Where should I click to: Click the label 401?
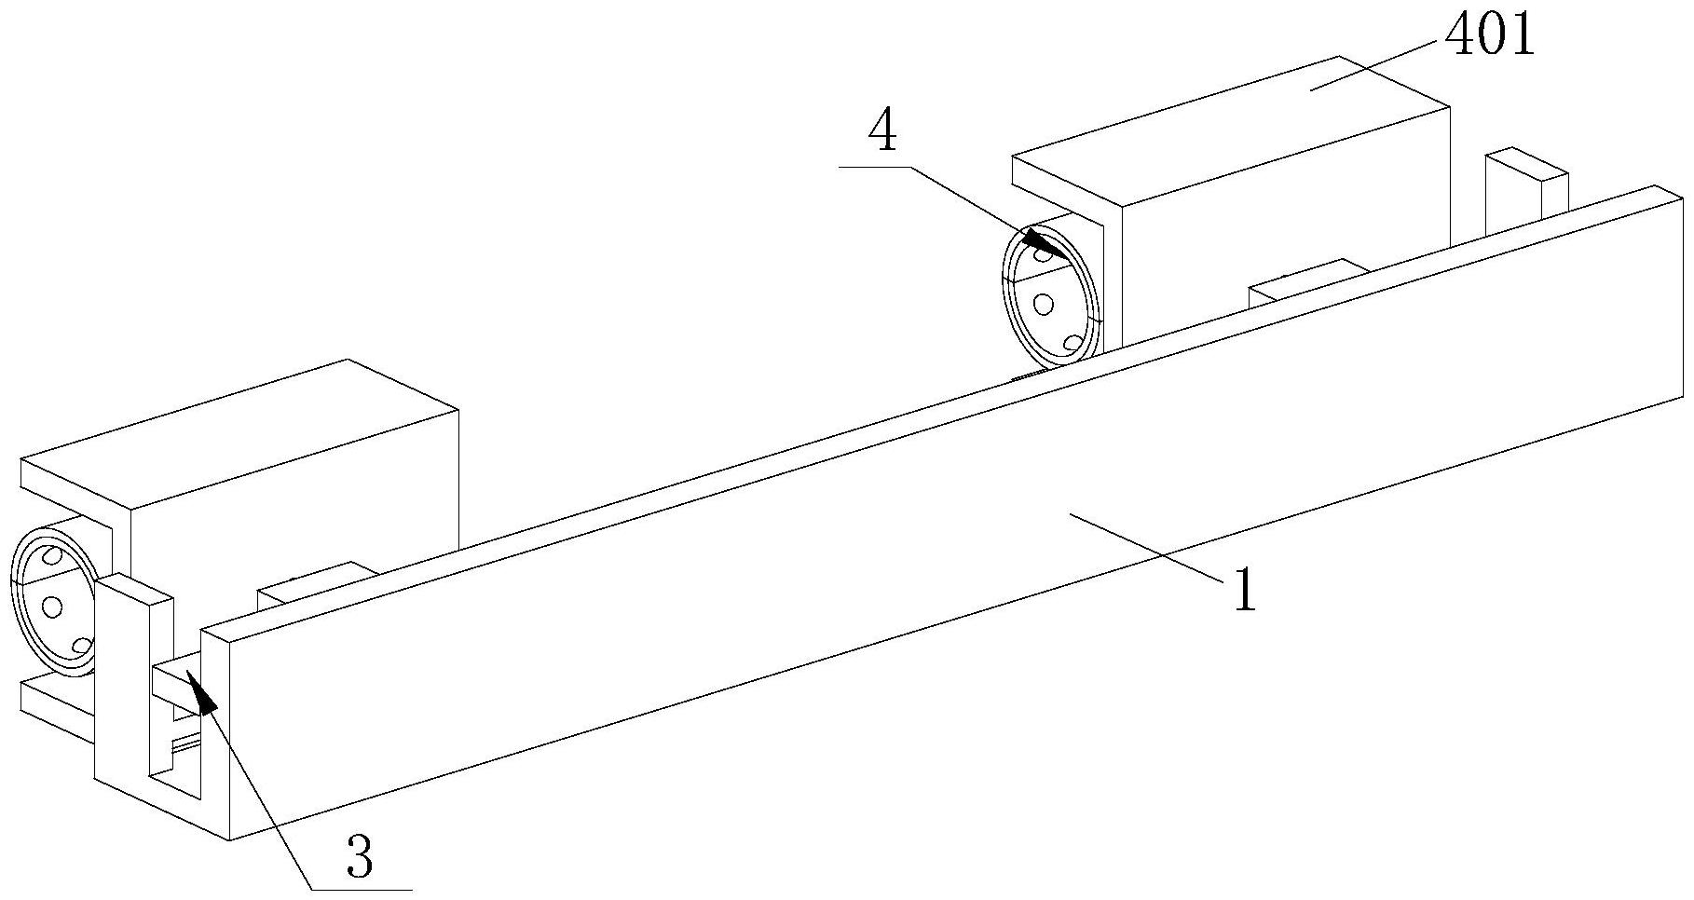coord(1489,37)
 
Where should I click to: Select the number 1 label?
coord(1245,590)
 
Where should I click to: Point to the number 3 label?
coord(360,857)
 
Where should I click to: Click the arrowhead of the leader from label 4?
coord(1047,248)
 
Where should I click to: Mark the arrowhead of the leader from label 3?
coord(202,692)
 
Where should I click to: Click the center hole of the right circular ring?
coord(1045,303)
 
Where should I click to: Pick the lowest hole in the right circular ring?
coord(1072,343)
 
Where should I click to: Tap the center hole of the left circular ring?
coord(52,607)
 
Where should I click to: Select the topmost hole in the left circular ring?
coord(53,557)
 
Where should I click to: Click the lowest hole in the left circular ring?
coord(81,646)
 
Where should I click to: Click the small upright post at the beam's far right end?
coord(1526,191)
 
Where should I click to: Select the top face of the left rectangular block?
coord(239,434)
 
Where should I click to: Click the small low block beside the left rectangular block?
coord(317,585)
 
